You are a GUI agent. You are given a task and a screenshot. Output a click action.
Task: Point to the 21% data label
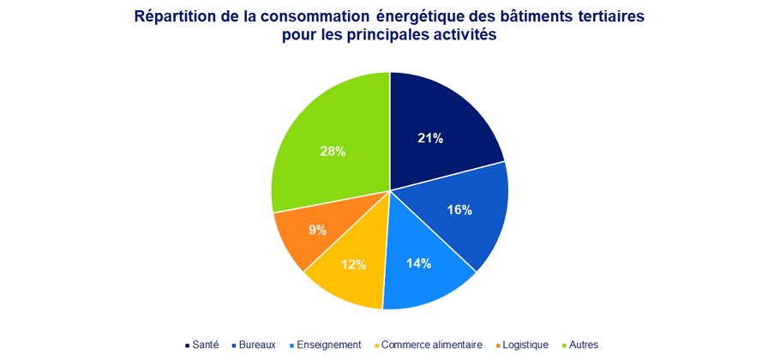[x=429, y=138]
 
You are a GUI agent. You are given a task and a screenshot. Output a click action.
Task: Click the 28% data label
[x=332, y=151]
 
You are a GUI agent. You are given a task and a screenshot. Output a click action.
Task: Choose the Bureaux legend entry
[x=255, y=345]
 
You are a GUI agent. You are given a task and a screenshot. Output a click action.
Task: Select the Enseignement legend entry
[x=327, y=345]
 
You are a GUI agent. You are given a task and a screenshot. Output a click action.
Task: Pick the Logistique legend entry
[x=523, y=345]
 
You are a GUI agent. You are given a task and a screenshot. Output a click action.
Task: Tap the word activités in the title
[x=464, y=37]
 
